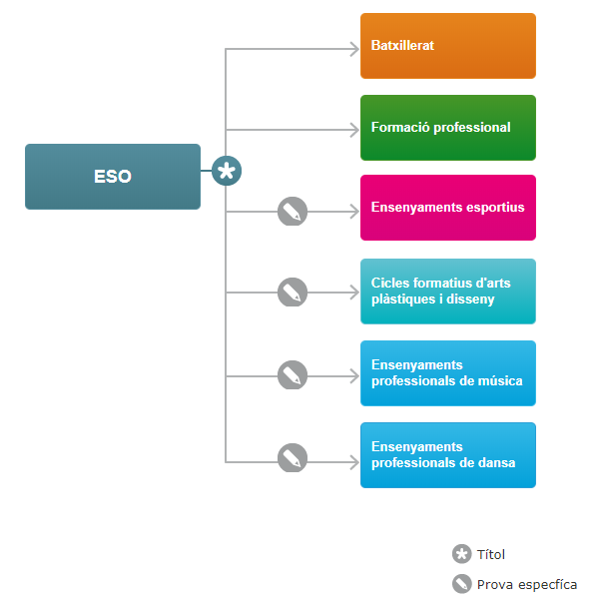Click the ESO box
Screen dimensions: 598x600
113,177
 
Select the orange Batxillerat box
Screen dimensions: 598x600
448,46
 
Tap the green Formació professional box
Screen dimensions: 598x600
448,128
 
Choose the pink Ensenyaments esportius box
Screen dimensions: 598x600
448,208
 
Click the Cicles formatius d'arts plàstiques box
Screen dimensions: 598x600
448,292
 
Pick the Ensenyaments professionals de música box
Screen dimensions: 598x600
448,373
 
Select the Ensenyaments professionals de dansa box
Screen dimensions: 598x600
448,455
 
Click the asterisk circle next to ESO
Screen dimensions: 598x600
227,171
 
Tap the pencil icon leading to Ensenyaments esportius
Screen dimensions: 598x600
293,212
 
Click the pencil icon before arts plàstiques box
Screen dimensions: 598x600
293,292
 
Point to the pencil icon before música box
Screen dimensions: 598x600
293,375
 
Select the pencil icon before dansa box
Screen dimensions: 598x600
293,457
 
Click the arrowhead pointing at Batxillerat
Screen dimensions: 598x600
355,49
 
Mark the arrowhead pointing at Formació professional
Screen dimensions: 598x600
355,130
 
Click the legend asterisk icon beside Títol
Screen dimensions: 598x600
462,554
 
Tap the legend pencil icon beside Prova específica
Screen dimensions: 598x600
462,584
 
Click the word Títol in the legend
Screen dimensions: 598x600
491,554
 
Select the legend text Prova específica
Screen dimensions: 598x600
527,585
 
